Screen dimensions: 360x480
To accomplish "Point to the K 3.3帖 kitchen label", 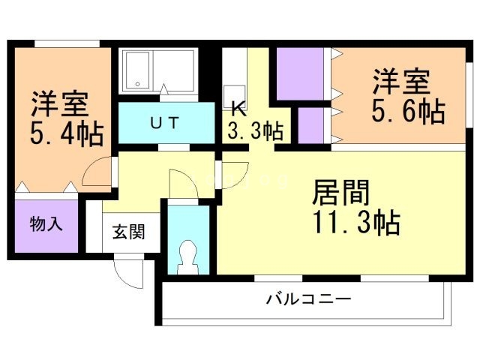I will click(x=255, y=121).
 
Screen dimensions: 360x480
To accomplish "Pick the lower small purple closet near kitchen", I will click(x=310, y=125).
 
